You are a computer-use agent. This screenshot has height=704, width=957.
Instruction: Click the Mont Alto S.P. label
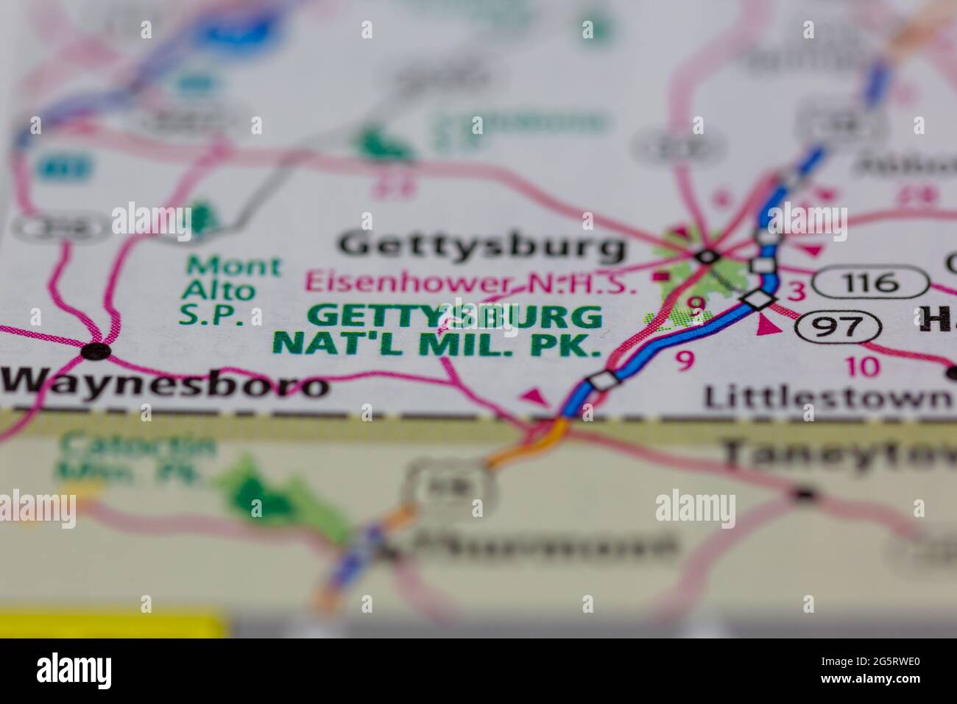coord(222,290)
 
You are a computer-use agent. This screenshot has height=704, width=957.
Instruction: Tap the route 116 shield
coord(872,281)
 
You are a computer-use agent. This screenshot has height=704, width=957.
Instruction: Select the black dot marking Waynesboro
coord(96,351)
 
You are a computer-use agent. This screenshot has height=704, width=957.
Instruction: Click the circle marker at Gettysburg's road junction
coord(707,257)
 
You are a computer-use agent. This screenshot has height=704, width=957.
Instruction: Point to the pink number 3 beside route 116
coord(796,292)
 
